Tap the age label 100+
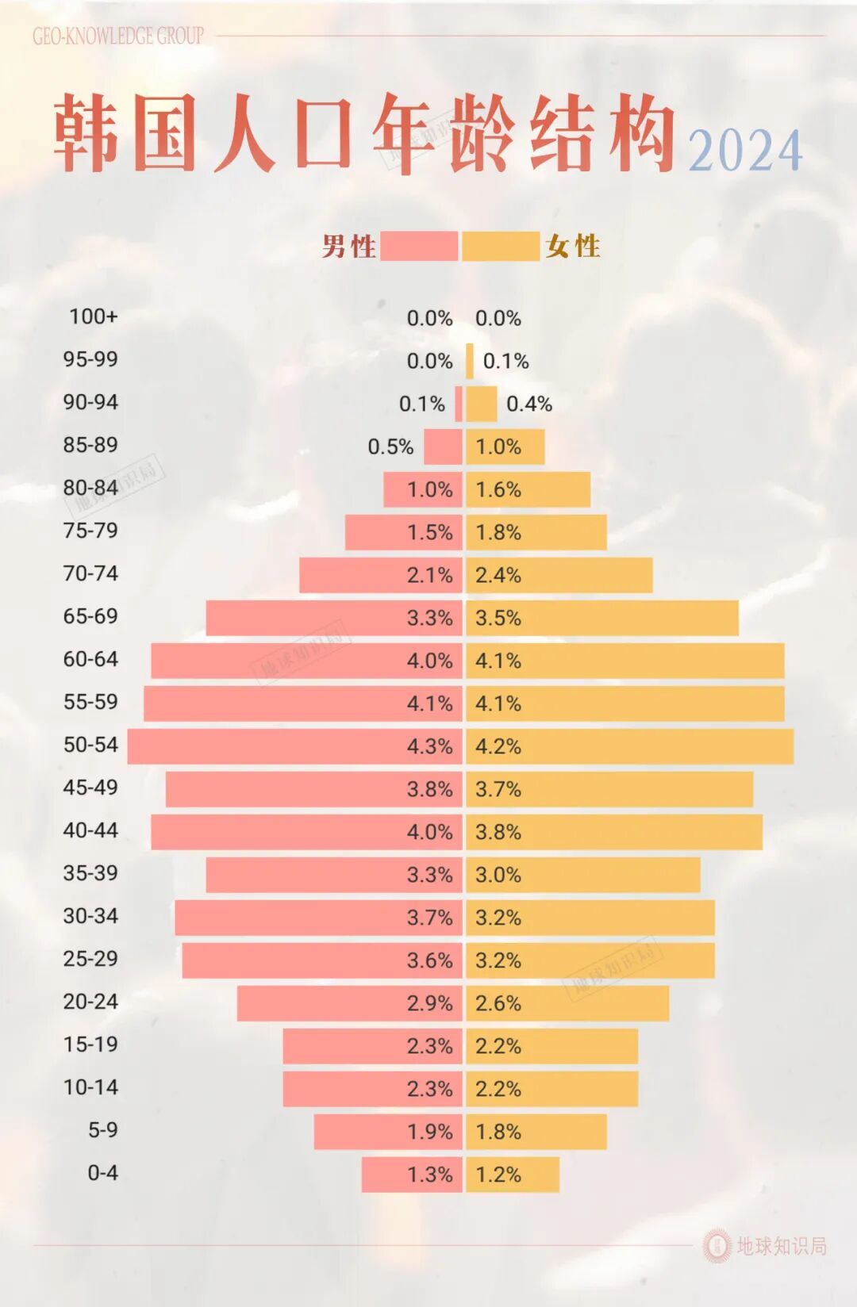pyautogui.click(x=93, y=316)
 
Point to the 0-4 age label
pyautogui.click(x=102, y=1173)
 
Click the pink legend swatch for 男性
pyautogui.click(x=419, y=247)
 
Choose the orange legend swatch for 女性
pyautogui.click(x=501, y=247)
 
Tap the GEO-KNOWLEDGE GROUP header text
pyautogui.click(x=118, y=36)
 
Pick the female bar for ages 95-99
pyautogui.click(x=470, y=361)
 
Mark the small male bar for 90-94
pyautogui.click(x=459, y=404)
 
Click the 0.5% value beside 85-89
pyautogui.click(x=390, y=447)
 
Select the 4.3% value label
pyautogui.click(x=429, y=746)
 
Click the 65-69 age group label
pyautogui.click(x=90, y=616)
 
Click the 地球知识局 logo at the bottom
pyautogui.click(x=765, y=1246)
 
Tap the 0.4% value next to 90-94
pyautogui.click(x=528, y=404)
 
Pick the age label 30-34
pyautogui.click(x=90, y=916)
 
